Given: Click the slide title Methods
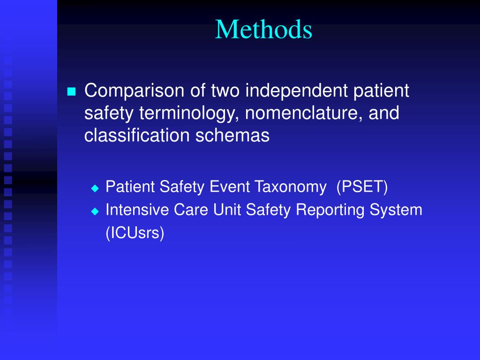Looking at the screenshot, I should [x=264, y=30].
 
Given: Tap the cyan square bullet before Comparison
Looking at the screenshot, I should [x=71, y=91].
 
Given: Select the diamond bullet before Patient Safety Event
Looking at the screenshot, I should [x=95, y=188].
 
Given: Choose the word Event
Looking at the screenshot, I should [x=231, y=187].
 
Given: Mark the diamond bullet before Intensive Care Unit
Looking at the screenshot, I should [x=95, y=211].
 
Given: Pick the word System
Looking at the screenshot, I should [x=396, y=210].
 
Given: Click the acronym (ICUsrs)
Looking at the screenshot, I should [x=135, y=233].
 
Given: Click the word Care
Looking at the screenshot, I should [x=192, y=210].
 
